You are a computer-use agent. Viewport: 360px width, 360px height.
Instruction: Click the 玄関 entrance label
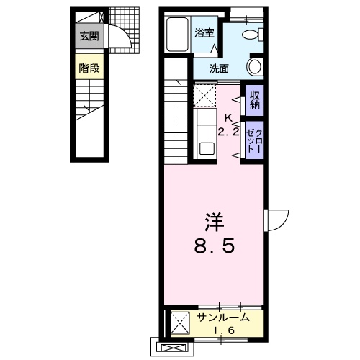coord(89,36)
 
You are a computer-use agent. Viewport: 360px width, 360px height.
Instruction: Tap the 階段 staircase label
coord(89,68)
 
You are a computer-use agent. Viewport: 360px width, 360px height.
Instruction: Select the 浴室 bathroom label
coord(204,32)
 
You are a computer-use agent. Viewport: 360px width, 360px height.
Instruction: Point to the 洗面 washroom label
coord(219,69)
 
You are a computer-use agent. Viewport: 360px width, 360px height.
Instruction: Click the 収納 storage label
coord(255,100)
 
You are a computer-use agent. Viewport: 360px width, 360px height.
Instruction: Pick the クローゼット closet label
coord(254,140)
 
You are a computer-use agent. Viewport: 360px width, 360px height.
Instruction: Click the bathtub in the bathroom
coord(177,34)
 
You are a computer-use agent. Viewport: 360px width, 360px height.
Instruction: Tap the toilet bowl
coord(251,35)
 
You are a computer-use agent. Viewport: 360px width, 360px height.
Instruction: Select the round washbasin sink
coord(254,66)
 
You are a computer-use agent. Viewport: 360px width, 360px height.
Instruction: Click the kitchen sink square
coord(207,149)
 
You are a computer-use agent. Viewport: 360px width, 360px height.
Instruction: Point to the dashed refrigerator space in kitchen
coord(204,96)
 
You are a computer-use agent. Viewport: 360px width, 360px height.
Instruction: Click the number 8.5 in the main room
coord(214,246)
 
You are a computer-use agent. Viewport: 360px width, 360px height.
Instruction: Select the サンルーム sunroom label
coord(223,318)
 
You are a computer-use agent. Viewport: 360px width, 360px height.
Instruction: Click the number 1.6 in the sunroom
coord(223,330)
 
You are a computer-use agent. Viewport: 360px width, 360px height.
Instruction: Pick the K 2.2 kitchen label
coord(228,125)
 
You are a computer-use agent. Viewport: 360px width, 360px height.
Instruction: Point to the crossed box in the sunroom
coord(180,323)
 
